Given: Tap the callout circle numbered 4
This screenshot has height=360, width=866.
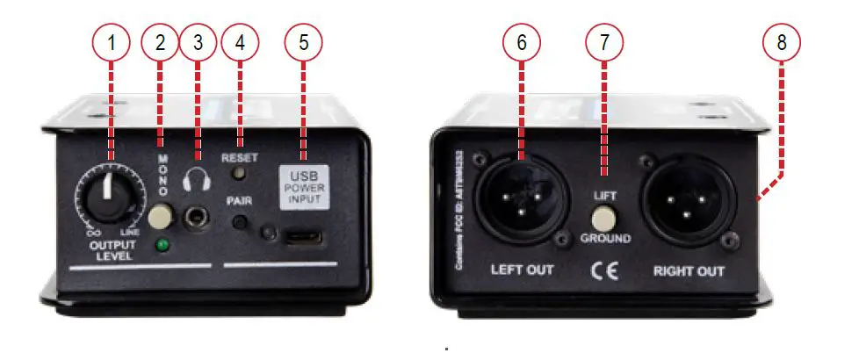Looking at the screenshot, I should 242,41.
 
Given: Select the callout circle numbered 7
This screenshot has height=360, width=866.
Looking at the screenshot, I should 603,41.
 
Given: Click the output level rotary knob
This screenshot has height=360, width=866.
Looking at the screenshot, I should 107,197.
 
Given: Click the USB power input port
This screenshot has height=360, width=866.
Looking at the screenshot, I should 304,237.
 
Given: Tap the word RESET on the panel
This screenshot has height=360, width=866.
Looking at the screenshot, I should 239,159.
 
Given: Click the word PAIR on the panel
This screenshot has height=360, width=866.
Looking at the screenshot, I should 239,200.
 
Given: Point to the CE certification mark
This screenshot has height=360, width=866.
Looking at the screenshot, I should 605,270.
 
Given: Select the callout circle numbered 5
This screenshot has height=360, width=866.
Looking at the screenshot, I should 304,41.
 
